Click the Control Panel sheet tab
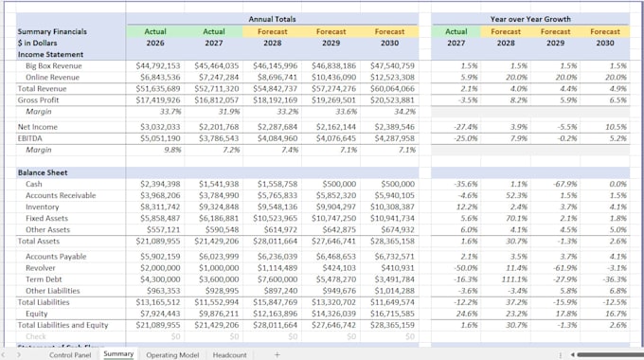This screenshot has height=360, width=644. (70, 354)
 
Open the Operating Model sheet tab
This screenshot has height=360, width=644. (171, 354)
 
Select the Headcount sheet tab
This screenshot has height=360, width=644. (229, 354)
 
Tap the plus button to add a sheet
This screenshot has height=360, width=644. (277, 354)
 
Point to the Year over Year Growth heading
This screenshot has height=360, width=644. (529, 18)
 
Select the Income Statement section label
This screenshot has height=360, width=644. (50, 54)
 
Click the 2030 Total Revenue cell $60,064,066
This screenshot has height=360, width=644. (388, 88)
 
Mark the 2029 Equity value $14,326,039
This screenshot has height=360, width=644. (330, 314)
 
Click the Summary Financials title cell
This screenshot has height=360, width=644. (53, 31)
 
